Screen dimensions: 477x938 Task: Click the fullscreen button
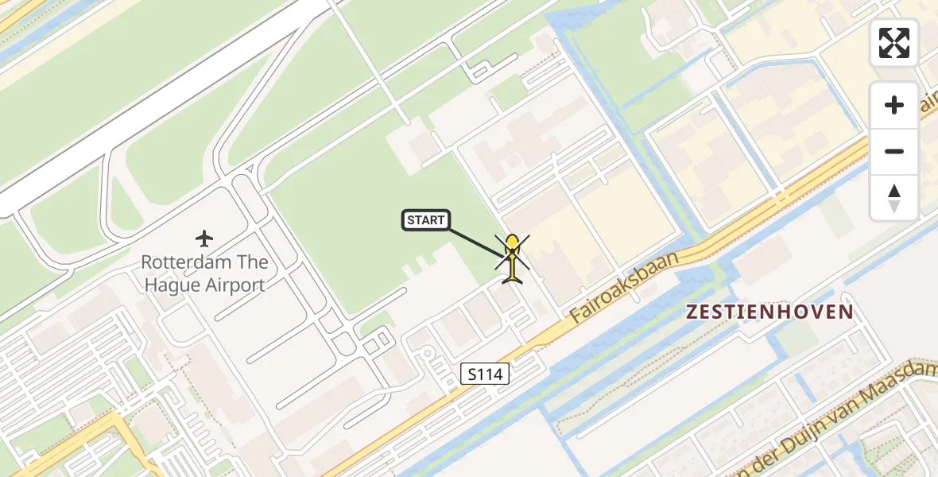(894, 43)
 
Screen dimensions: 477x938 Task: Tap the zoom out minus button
(894, 152)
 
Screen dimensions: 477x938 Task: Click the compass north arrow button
(894, 197)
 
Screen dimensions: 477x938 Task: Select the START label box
(426, 220)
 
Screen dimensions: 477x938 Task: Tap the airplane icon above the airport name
(205, 238)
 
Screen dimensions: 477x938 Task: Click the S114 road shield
(485, 373)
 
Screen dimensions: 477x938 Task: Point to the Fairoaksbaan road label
(626, 288)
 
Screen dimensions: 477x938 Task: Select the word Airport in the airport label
(235, 285)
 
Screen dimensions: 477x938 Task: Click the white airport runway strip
(159, 103)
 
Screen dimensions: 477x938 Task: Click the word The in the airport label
(253, 262)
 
